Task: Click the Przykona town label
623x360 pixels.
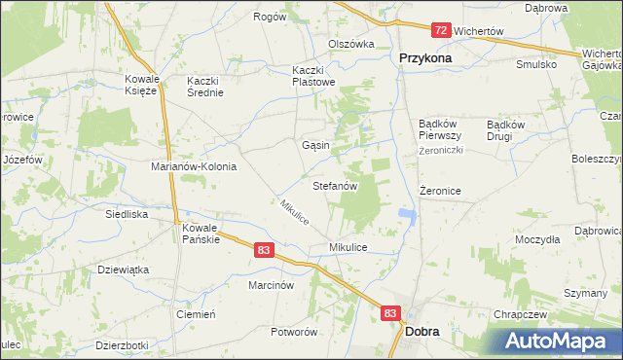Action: click(x=425, y=57)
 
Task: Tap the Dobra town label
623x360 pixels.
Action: click(x=421, y=331)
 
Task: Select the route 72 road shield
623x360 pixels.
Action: click(x=441, y=31)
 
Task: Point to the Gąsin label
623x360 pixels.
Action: click(x=315, y=145)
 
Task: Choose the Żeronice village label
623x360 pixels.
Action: click(x=440, y=192)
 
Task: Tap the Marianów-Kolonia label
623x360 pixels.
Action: click(x=194, y=166)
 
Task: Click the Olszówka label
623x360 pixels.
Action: click(x=351, y=44)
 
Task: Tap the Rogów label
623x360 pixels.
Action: click(x=270, y=17)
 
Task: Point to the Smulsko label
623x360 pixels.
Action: click(x=536, y=63)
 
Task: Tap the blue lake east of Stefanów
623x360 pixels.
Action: click(x=406, y=215)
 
